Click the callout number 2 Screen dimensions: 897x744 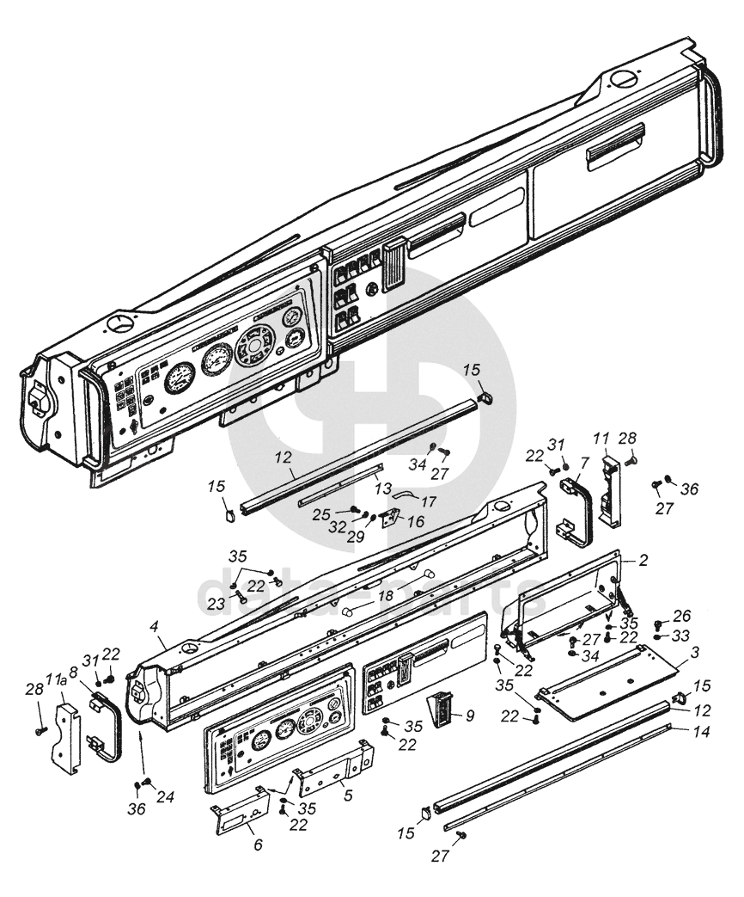643,559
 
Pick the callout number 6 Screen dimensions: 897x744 257,845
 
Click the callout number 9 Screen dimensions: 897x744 469,715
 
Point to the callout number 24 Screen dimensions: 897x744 165,797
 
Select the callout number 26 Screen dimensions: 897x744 681,616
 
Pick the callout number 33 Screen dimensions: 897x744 681,636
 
